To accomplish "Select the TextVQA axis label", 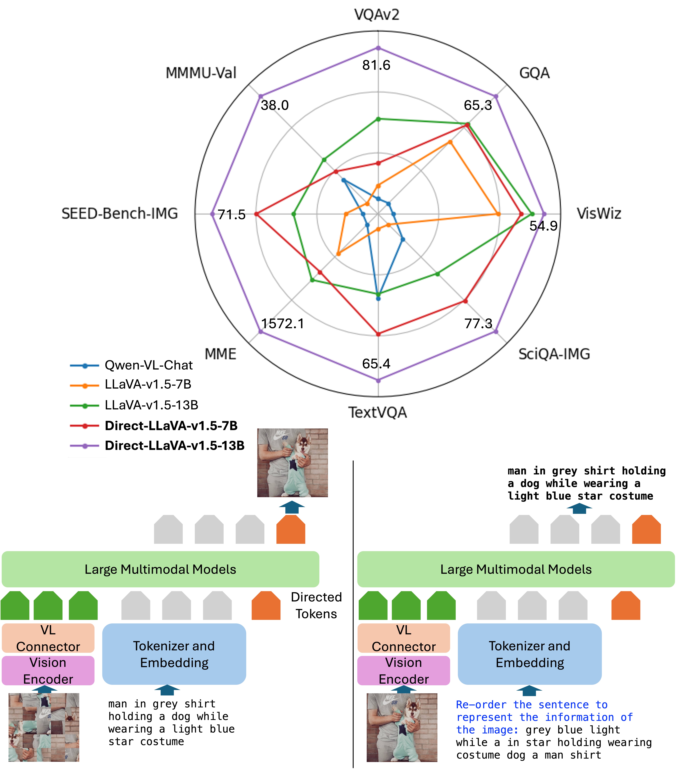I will pyautogui.click(x=377, y=412).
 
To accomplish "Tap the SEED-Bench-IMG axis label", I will pyautogui.click(x=120, y=214).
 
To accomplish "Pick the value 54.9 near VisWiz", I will pyautogui.click(x=543, y=226).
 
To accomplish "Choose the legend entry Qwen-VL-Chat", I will pyautogui.click(x=149, y=365).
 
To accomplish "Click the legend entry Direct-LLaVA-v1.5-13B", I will pyautogui.click(x=174, y=445).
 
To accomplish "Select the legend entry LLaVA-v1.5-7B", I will pyautogui.click(x=148, y=384).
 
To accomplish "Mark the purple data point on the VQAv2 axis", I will pyautogui.click(x=378, y=48).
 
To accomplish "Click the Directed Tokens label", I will pyautogui.click(x=316, y=605).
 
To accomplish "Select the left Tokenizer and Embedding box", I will pyautogui.click(x=174, y=654).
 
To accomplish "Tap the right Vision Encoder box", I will pyautogui.click(x=403, y=670).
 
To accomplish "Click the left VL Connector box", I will pyautogui.click(x=48, y=638).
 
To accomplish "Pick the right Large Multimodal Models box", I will pyautogui.click(x=516, y=569).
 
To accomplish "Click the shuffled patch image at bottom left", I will pyautogui.click(x=44, y=727).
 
